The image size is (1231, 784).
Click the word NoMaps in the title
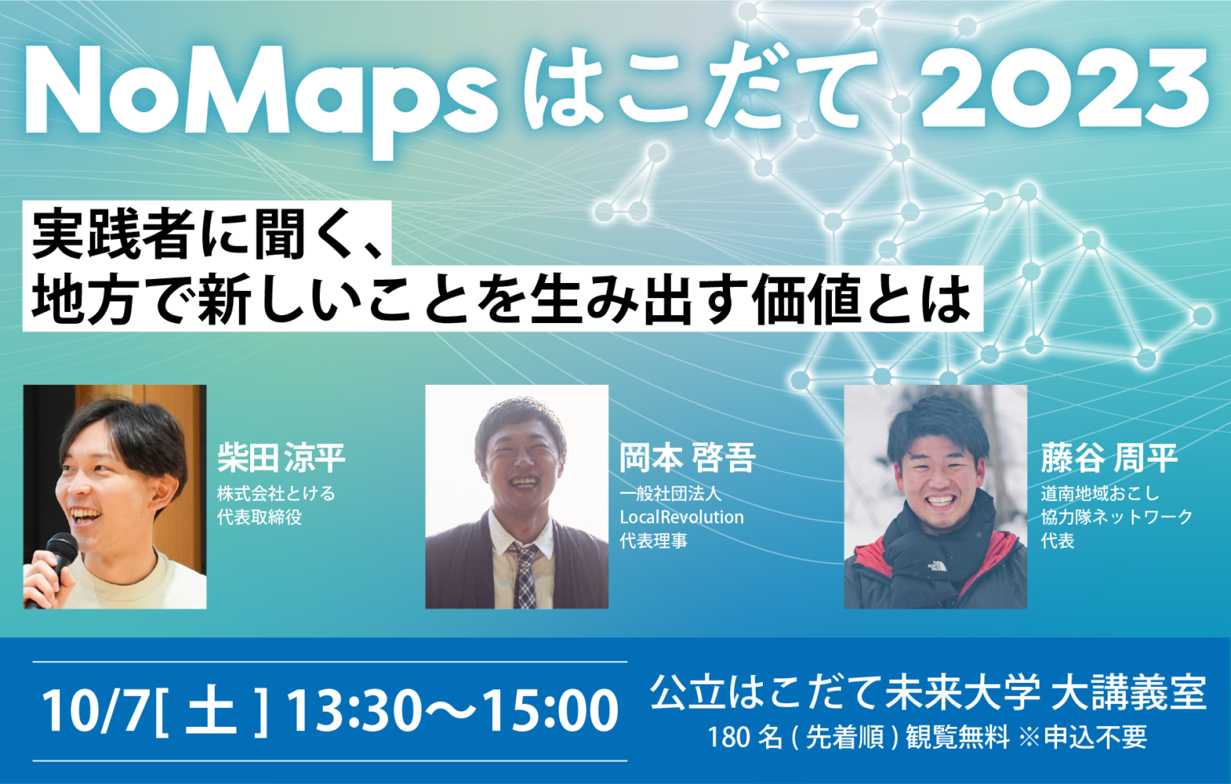coord(260,95)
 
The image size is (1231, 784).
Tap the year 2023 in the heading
coord(1066,90)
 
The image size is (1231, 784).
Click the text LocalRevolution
coord(681,518)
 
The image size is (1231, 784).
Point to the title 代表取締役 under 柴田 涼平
coord(259,518)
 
